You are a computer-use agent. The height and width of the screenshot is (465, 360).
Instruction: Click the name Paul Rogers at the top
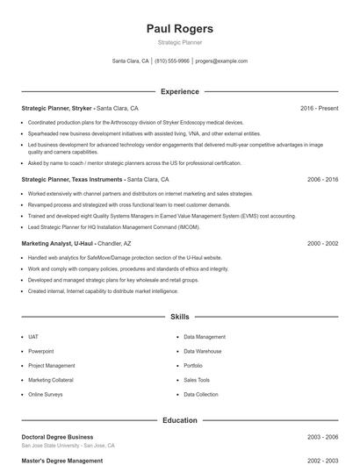tap(179, 29)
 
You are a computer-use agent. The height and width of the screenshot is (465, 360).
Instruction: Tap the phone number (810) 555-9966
tap(171, 61)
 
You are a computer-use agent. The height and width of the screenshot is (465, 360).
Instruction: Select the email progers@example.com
tap(221, 61)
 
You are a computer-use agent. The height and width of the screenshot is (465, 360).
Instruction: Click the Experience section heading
tap(179, 91)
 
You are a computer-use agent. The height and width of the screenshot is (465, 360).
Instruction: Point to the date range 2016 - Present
tap(319, 108)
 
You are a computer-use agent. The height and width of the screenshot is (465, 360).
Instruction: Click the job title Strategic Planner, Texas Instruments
tap(73, 179)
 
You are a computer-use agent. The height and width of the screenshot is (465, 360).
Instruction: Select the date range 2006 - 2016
tap(322, 179)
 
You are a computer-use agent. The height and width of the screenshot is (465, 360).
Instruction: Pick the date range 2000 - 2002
tap(322, 243)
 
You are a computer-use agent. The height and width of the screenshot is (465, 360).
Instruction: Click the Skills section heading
tap(179, 316)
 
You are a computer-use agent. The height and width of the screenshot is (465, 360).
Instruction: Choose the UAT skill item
tap(33, 336)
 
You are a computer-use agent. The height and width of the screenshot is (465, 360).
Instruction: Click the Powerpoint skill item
tap(40, 351)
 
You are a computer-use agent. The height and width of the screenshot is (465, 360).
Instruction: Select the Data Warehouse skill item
tap(203, 351)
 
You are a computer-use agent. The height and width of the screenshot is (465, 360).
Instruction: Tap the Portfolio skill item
tap(193, 365)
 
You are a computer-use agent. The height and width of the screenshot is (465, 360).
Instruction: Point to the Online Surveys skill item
tap(46, 395)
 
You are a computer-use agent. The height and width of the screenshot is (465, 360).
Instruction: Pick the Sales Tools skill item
tap(197, 380)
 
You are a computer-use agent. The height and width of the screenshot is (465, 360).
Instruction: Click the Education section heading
tap(179, 420)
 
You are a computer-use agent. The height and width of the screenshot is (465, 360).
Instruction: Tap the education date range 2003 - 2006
tap(322, 436)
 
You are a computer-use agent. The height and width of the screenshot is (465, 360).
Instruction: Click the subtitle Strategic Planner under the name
tap(179, 42)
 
